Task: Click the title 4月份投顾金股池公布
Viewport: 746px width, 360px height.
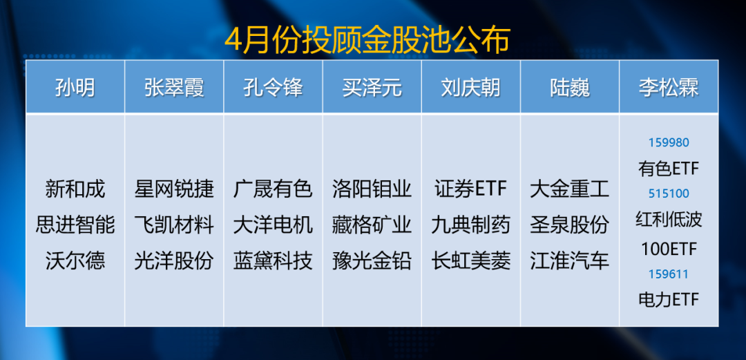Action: click(x=367, y=41)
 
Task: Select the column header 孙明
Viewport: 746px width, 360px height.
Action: click(x=75, y=88)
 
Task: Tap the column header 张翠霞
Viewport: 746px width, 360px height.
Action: click(x=174, y=88)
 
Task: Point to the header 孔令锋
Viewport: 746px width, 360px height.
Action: click(x=273, y=88)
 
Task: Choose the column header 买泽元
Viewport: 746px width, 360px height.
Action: click(x=372, y=88)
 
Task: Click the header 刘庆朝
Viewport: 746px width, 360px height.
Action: click(x=471, y=88)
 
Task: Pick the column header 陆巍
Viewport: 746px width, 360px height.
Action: click(x=570, y=88)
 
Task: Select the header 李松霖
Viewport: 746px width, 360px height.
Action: click(x=669, y=88)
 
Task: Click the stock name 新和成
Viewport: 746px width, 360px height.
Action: click(x=75, y=189)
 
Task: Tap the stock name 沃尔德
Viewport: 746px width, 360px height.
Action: click(x=75, y=261)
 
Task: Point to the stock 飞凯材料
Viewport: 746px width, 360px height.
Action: click(x=174, y=225)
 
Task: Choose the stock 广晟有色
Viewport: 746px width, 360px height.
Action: click(x=273, y=189)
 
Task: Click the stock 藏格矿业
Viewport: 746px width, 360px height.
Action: click(x=372, y=225)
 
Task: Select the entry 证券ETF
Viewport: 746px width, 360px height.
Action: click(x=471, y=189)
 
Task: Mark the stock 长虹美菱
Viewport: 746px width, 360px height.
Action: click(x=471, y=261)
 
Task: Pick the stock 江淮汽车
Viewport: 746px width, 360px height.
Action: click(x=570, y=261)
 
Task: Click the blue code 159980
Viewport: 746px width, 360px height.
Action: click(x=669, y=142)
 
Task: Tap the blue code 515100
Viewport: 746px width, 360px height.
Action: click(x=669, y=193)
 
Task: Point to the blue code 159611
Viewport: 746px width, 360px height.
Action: click(x=669, y=274)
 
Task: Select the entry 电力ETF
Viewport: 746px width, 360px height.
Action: click(x=669, y=299)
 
